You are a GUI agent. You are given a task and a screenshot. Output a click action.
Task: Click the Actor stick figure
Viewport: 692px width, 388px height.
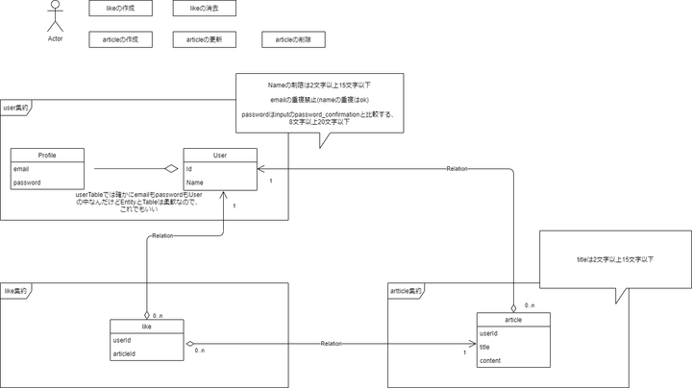(x=55, y=18)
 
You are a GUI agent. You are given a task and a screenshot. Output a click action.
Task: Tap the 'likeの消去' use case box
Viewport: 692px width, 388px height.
(x=204, y=9)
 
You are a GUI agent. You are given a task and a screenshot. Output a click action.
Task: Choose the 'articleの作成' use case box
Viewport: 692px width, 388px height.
(x=120, y=39)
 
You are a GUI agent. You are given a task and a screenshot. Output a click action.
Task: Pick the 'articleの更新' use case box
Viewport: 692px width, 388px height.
(x=204, y=39)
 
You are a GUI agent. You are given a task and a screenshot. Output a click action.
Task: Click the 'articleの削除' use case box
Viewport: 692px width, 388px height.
(x=293, y=39)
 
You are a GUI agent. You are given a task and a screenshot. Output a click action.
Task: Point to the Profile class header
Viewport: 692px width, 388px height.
(x=47, y=155)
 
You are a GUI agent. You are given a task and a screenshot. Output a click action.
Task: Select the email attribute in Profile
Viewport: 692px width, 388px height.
(x=21, y=168)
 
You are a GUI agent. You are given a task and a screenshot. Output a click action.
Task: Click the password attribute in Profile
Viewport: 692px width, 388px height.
(x=26, y=182)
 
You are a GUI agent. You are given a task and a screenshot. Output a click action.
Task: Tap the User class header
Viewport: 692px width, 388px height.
(x=220, y=155)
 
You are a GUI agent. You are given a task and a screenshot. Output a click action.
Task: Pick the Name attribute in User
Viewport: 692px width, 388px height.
(x=195, y=182)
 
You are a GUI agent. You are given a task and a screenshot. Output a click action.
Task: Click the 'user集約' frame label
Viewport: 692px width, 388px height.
(x=16, y=109)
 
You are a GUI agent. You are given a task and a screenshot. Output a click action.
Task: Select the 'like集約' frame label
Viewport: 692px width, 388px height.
(x=15, y=289)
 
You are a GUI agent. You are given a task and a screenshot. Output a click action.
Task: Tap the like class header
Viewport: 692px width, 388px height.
(x=146, y=326)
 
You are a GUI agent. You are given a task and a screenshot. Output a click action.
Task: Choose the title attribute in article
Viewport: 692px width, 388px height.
(x=485, y=347)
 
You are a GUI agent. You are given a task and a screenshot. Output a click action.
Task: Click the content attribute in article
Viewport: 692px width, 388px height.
(x=489, y=360)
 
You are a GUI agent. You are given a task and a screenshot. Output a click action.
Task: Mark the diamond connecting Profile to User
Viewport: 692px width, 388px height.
(x=171, y=168)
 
